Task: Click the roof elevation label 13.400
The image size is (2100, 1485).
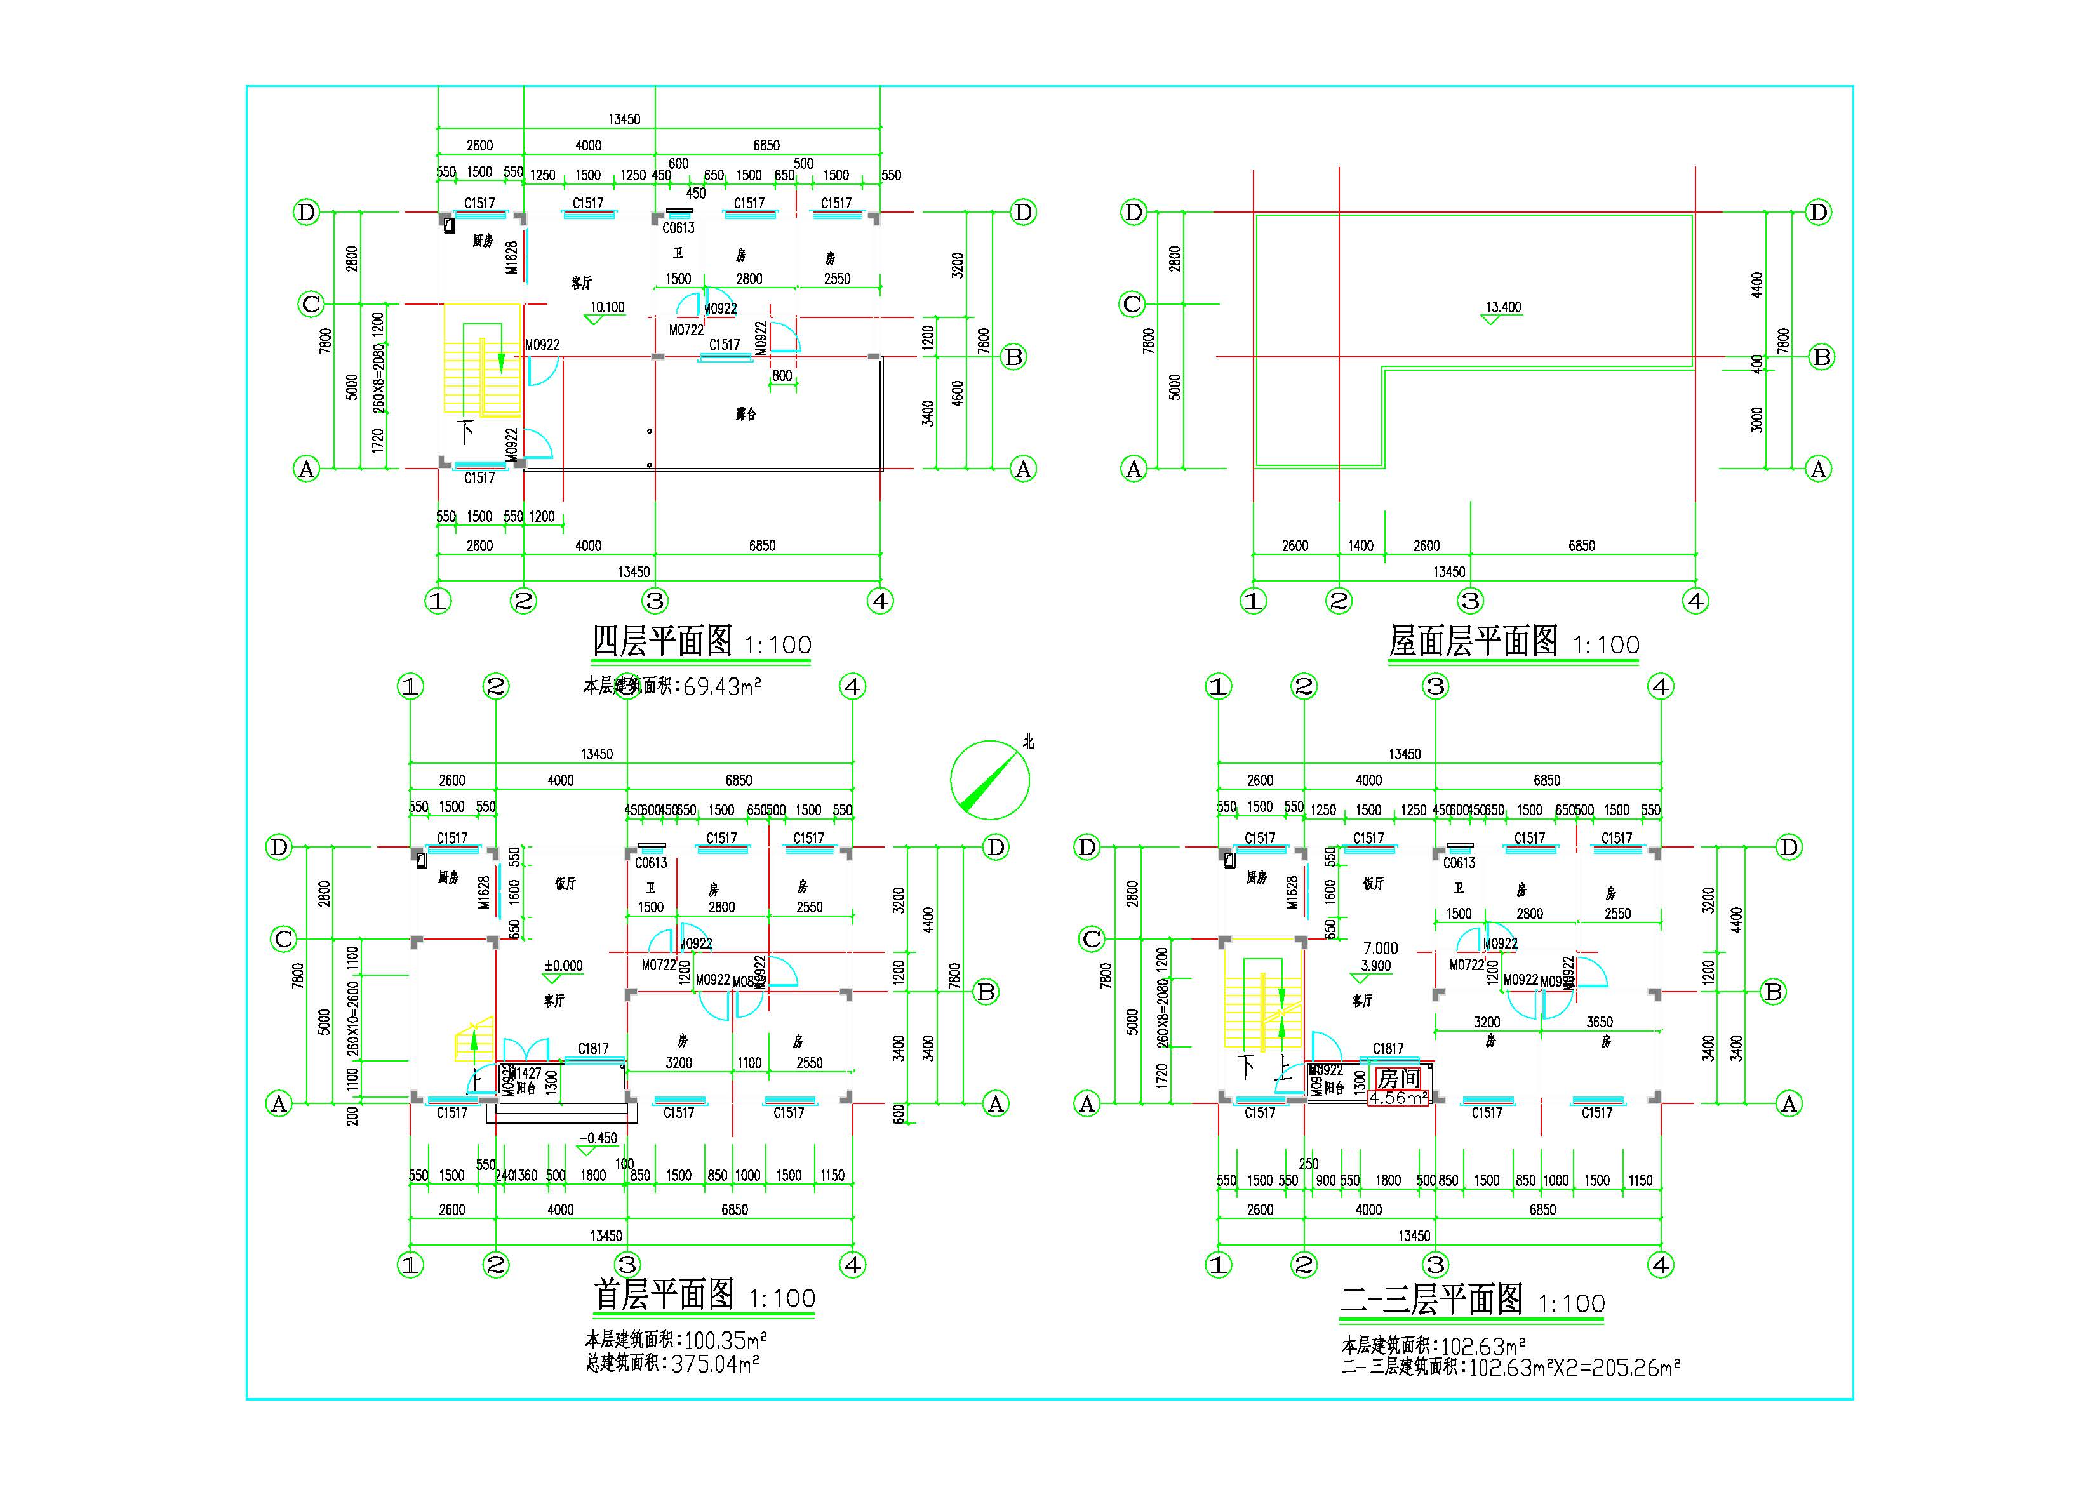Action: coord(1502,307)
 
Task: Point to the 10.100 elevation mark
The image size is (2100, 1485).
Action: coord(607,307)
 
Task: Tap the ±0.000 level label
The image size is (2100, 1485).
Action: coord(563,966)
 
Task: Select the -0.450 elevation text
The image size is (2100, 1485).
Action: coord(598,1138)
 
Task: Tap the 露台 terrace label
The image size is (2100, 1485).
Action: coord(746,414)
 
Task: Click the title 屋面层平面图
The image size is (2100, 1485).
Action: coord(1473,641)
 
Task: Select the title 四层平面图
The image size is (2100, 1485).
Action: coord(662,641)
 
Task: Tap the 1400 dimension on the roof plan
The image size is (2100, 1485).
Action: coord(1360,546)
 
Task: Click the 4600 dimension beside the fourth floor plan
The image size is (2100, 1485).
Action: coord(958,394)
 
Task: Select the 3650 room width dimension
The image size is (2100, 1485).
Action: coord(1599,1022)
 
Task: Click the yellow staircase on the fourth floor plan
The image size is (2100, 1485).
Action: coord(481,360)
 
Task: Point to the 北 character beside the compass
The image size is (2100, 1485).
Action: coord(1028,742)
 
